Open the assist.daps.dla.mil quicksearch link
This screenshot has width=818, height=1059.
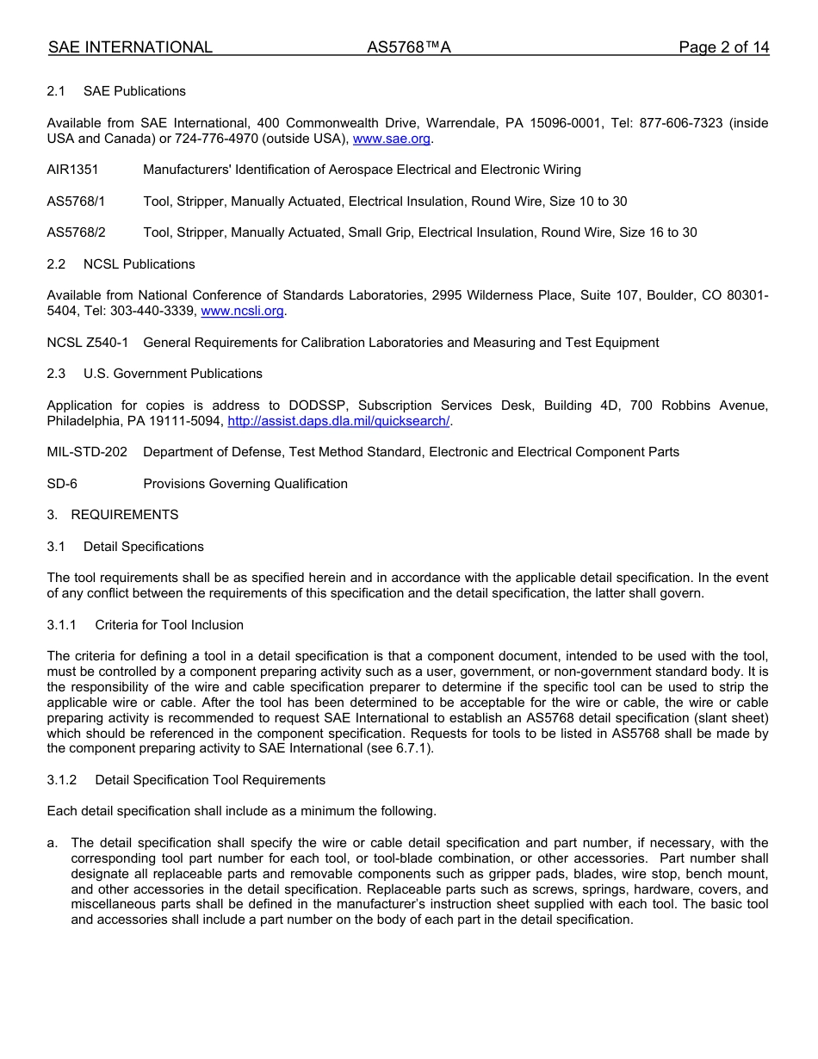click(338, 421)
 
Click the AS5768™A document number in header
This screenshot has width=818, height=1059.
click(409, 47)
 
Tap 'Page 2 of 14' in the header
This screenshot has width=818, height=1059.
click(723, 47)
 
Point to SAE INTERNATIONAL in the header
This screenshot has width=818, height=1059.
click(130, 47)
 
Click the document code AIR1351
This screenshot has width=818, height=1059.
click(72, 170)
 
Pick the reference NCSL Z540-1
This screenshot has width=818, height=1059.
click(87, 343)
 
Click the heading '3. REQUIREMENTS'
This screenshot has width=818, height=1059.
click(113, 515)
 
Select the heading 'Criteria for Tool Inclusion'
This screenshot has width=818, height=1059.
click(169, 625)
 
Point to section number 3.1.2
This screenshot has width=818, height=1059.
click(62, 780)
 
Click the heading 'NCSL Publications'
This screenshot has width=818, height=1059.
click(139, 264)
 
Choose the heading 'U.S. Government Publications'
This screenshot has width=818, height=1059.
click(172, 374)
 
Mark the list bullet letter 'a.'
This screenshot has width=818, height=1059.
click(53, 843)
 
